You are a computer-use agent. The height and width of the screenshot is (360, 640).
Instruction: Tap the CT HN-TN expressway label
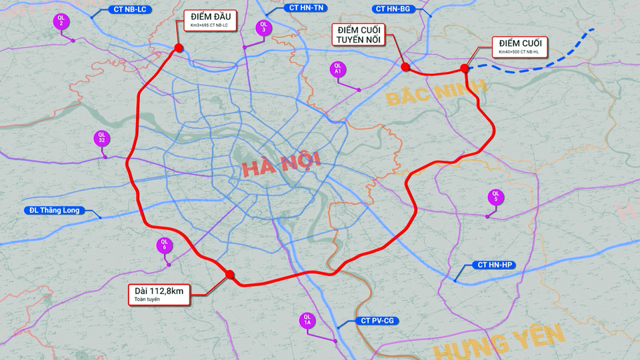point(307,8)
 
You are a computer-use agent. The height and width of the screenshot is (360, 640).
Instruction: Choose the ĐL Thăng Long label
point(55,211)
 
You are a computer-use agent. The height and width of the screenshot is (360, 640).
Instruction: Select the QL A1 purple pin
point(337,69)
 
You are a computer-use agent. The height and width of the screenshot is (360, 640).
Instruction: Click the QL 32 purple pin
point(101,139)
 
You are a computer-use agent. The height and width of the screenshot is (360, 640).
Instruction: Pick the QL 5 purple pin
point(495,197)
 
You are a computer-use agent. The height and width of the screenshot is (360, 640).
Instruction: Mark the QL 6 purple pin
point(164,245)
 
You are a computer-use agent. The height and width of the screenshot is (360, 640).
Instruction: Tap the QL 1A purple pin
point(307,321)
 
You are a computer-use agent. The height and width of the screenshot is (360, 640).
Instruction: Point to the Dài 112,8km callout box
point(159,294)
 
